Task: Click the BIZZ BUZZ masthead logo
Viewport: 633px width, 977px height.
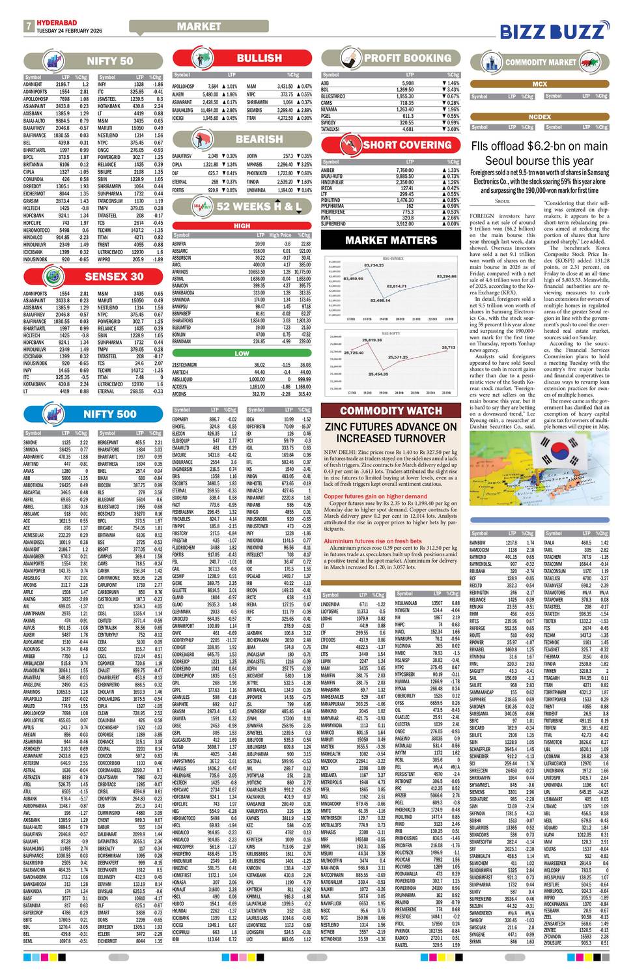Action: (x=561, y=31)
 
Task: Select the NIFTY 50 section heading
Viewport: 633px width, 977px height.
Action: (x=109, y=62)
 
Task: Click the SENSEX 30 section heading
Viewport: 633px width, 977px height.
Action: (x=114, y=276)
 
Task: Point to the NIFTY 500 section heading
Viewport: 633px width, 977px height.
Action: (x=109, y=414)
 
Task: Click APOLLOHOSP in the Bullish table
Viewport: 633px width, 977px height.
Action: (x=183, y=87)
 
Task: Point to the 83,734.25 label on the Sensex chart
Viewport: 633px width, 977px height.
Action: (x=374, y=265)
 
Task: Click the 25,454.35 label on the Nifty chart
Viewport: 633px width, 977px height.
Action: (x=378, y=375)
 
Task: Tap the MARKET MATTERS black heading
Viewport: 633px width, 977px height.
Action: (x=391, y=240)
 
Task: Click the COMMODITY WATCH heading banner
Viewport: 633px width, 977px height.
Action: (x=391, y=411)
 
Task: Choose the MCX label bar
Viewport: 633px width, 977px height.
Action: (x=539, y=85)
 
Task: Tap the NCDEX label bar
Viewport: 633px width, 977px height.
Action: (x=539, y=117)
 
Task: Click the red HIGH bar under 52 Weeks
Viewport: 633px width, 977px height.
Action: (x=242, y=226)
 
